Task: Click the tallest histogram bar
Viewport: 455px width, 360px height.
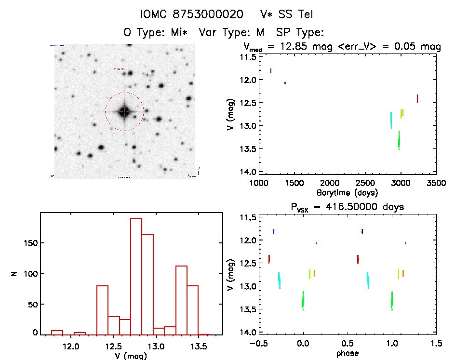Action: [x=136, y=275]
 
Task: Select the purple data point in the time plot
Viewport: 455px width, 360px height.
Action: [x=271, y=71]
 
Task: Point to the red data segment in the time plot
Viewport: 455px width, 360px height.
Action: [x=417, y=98]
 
